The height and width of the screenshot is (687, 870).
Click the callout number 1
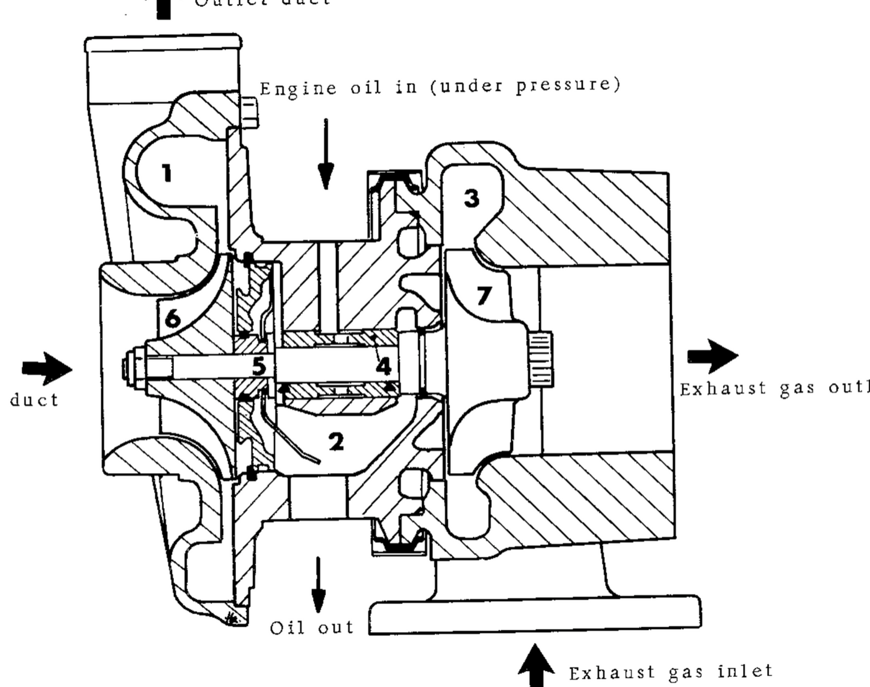(167, 174)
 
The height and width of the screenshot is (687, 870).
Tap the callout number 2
(337, 442)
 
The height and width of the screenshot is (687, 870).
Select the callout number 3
(471, 198)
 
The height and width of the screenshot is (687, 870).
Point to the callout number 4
(384, 366)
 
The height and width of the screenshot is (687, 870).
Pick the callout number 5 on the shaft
(259, 366)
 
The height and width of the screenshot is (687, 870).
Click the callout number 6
(173, 318)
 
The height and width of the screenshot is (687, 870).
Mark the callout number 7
(484, 295)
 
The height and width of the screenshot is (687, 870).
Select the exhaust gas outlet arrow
(713, 356)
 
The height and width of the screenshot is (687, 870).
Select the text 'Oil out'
(312, 627)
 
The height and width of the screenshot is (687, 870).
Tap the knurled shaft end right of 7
(541, 359)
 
